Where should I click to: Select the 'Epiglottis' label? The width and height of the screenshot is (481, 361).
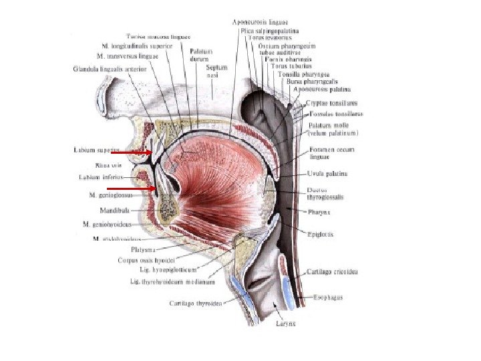point(321,235)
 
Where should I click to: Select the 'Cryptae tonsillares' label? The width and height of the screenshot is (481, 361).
point(332,103)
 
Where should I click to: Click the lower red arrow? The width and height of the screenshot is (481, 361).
point(142,189)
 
